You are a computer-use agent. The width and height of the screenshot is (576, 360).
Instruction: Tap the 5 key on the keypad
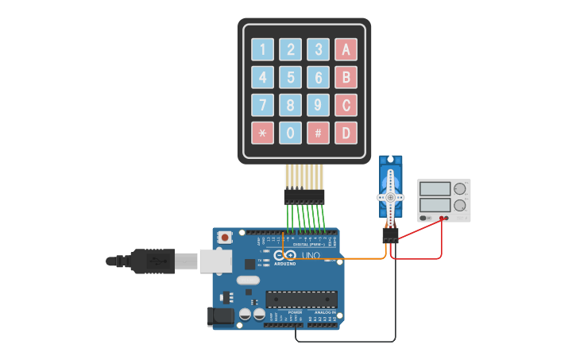click(291, 77)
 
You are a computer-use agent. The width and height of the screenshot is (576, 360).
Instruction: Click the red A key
click(346, 49)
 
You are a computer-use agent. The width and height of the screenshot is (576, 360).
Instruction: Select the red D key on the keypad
click(346, 132)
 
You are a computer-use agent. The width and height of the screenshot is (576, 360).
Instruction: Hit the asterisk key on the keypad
click(263, 132)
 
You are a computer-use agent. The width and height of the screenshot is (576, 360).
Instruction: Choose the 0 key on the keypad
click(291, 132)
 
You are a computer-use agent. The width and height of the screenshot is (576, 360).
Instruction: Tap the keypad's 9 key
click(318, 105)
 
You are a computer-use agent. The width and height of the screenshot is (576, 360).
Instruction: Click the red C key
click(346, 105)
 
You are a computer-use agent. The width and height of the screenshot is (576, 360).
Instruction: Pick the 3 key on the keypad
click(318, 49)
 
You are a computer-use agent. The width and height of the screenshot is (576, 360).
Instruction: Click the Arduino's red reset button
click(226, 237)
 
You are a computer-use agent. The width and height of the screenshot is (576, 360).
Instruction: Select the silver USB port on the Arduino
click(216, 261)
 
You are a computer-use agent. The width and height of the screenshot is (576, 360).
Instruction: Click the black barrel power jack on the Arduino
click(220, 316)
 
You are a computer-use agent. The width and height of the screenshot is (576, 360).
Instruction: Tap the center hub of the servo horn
click(390, 197)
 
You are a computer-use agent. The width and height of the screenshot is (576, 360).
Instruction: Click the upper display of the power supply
click(435, 189)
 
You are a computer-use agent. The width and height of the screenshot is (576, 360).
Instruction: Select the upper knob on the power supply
click(460, 189)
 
